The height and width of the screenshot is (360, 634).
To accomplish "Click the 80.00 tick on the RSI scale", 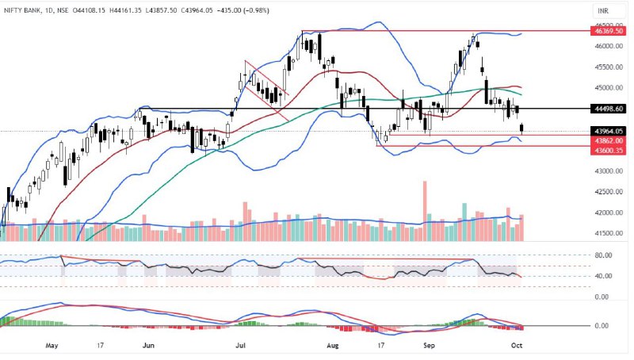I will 604,255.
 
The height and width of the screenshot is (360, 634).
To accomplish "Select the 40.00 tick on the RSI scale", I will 604,276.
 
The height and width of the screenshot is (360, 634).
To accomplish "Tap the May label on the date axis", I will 53,346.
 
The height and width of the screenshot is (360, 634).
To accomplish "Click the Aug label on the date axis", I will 332,346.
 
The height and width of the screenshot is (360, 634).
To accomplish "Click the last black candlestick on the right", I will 522,128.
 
